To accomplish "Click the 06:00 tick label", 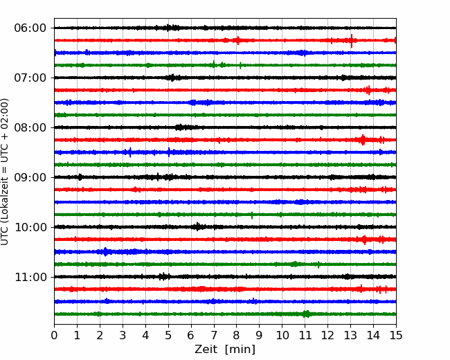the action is click(x=30, y=28).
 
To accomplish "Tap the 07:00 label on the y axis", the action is click(x=30, y=78).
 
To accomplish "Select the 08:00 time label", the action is click(x=30, y=128).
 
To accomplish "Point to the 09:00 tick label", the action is click(x=30, y=177).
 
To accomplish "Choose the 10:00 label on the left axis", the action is click(x=30, y=227).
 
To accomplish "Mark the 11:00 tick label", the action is click(x=30, y=278).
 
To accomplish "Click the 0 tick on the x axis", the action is click(x=54, y=335).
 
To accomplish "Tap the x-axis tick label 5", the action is click(x=168, y=335).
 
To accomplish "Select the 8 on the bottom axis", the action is click(x=237, y=335).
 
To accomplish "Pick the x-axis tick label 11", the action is click(x=305, y=335).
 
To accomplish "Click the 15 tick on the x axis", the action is click(x=396, y=335).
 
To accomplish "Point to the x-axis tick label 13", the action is click(x=351, y=335).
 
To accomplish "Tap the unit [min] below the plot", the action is click(x=240, y=350).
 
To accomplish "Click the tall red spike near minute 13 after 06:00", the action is click(x=352, y=40).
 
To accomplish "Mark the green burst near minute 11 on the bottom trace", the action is click(x=307, y=314).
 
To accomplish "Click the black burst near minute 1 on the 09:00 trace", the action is click(x=80, y=177).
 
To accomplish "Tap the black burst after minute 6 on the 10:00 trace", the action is click(x=198, y=226).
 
